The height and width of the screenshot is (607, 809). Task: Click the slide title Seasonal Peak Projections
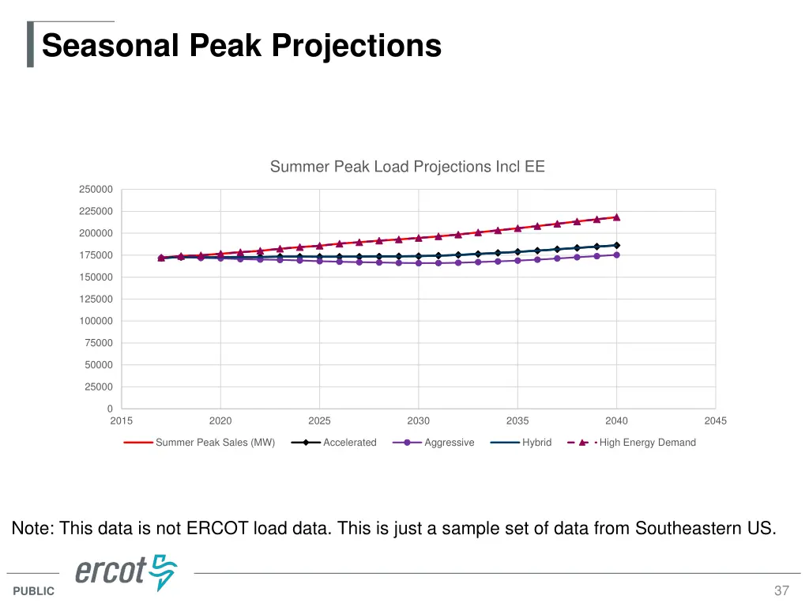coord(241,45)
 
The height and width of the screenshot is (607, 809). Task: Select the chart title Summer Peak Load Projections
coord(407,167)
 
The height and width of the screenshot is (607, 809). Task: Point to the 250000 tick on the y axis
coord(96,190)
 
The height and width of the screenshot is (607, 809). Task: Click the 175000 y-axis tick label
coord(96,255)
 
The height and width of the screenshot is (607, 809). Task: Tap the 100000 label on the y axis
coord(96,321)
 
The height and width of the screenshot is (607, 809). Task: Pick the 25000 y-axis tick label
coord(98,387)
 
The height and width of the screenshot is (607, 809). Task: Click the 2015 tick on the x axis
coord(122,421)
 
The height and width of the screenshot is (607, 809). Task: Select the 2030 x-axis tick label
coord(419,421)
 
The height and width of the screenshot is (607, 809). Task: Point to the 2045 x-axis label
coord(715,421)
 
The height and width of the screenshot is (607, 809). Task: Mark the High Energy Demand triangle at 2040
coord(616,217)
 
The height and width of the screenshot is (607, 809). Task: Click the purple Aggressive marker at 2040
coord(616,255)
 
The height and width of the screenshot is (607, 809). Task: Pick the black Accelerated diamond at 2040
coord(616,245)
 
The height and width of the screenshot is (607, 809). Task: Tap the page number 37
coord(781,591)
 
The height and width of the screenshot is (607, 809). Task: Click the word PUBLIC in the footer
coord(34,591)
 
